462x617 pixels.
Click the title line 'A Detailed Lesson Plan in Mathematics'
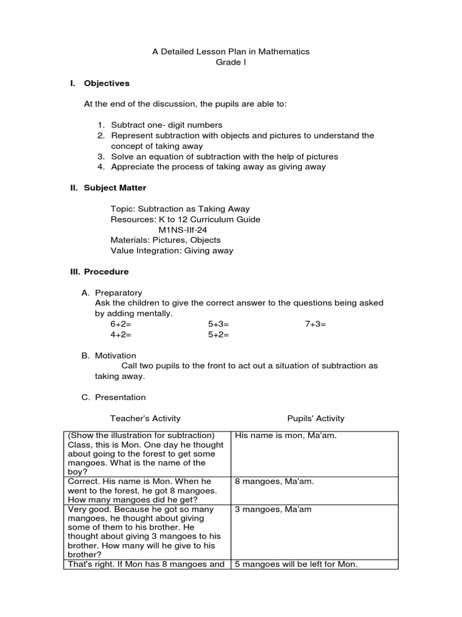tap(231, 52)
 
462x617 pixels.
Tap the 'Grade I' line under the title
tap(231, 62)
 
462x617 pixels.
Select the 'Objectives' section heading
tap(106, 83)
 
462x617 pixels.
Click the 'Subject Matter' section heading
tap(115, 188)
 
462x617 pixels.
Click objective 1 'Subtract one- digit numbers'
tap(166, 125)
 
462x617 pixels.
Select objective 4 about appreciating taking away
tap(218, 167)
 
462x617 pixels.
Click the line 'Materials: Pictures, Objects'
tap(165, 240)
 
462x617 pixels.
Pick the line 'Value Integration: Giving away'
tap(172, 251)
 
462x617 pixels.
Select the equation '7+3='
tap(315, 324)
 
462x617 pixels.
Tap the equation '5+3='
tap(219, 324)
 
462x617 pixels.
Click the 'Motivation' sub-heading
tap(115, 355)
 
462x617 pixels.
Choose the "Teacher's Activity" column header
tap(145, 418)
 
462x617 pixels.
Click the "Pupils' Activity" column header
tap(316, 418)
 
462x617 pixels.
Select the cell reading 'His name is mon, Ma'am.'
tap(286, 436)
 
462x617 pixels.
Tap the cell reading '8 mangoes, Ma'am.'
tap(274, 481)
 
